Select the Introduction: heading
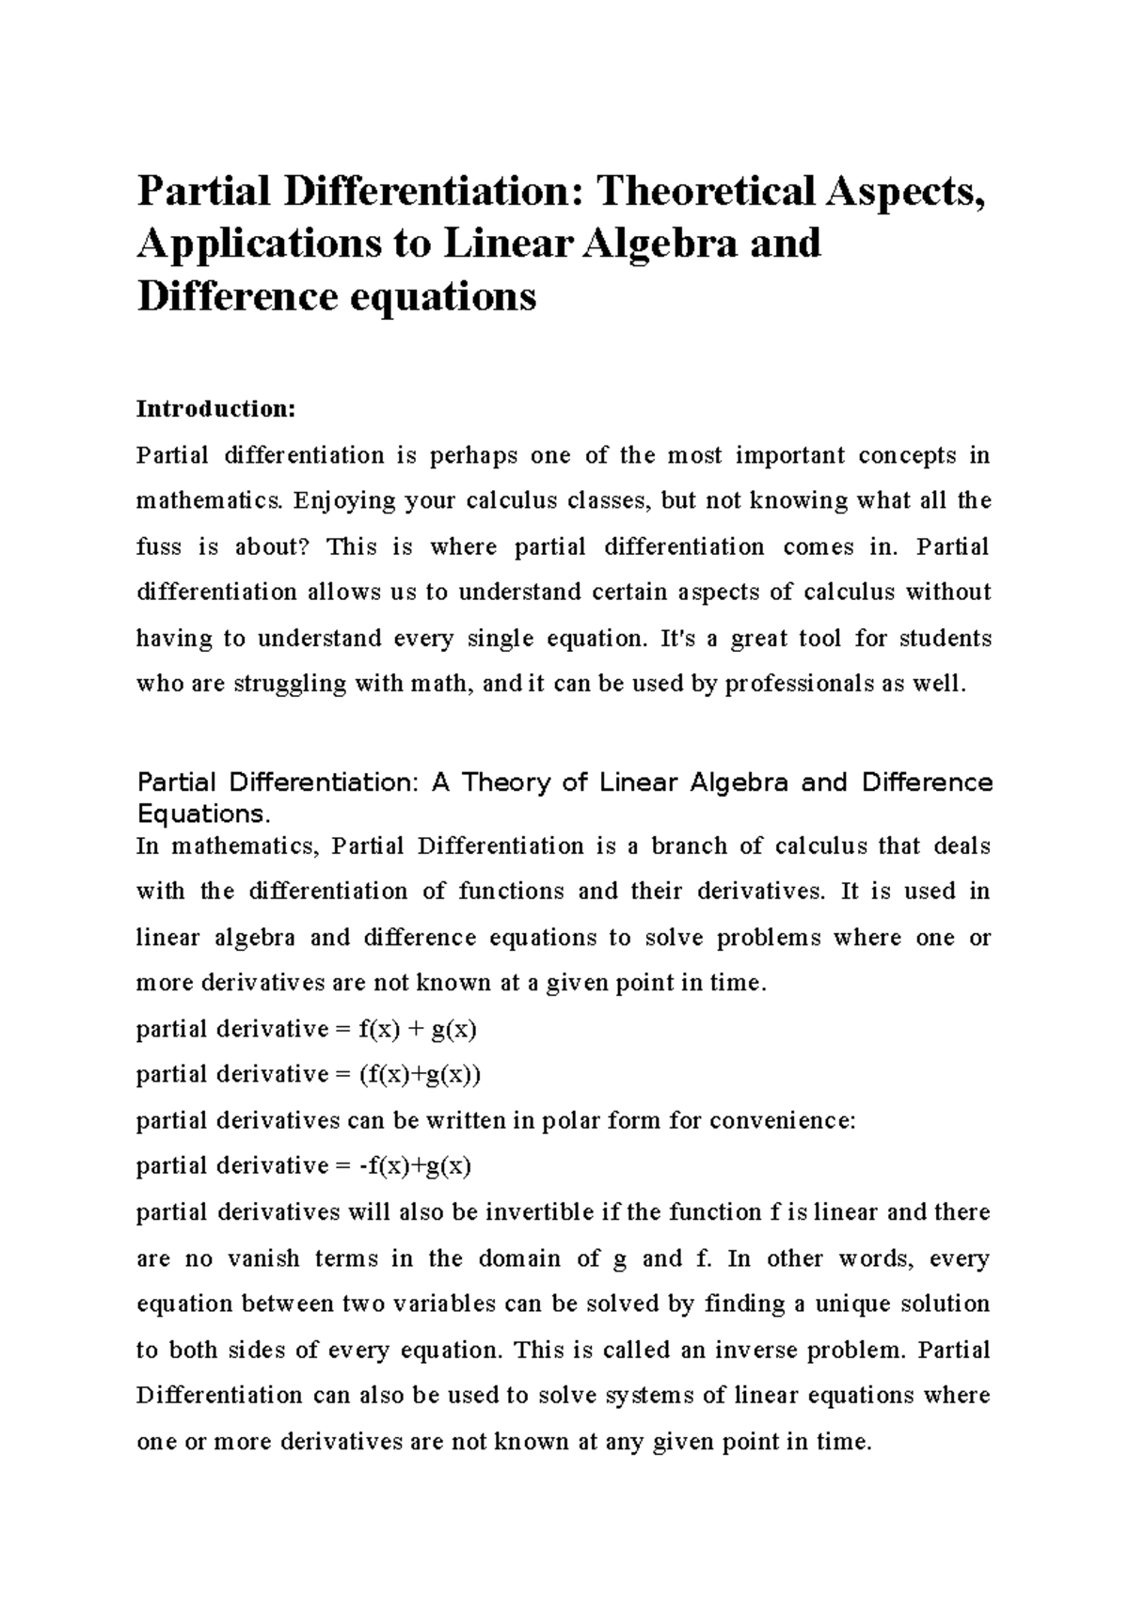tap(216, 409)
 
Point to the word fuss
tap(157, 547)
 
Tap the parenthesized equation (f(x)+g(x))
tap(420, 1075)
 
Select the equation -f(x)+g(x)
tap(415, 1167)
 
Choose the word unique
tap(853, 1304)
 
